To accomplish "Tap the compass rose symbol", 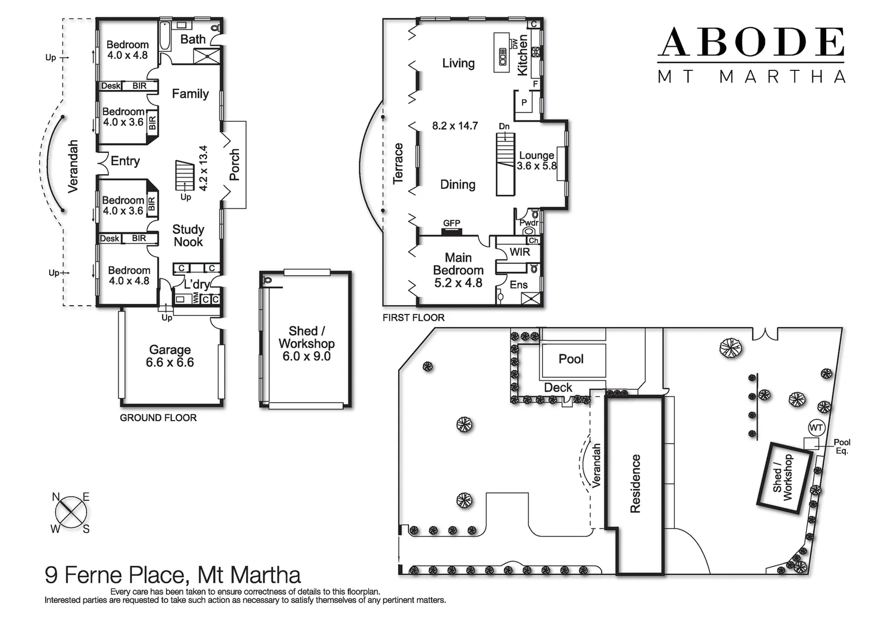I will tap(71, 512).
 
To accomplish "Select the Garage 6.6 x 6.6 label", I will tap(170, 356).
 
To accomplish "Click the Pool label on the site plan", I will tap(571, 359).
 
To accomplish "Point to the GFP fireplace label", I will tap(451, 223).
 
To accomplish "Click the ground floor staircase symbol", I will tap(185, 174).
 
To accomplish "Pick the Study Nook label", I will tap(188, 235).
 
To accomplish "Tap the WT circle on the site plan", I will tap(816, 427).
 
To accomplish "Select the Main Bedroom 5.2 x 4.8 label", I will tap(458, 270).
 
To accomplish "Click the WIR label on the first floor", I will tap(519, 252).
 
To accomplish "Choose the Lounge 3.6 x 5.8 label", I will tap(536, 160).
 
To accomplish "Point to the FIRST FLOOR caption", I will tap(413, 318).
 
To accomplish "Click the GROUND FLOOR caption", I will tap(158, 418).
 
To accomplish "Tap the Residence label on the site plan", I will tap(635, 483).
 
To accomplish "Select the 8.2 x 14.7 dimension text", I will tap(455, 126).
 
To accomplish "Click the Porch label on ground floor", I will tap(235, 165).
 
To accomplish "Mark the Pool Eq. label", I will tap(842, 446).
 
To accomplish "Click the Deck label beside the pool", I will tap(558, 388).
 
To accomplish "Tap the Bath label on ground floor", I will tap(192, 39).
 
